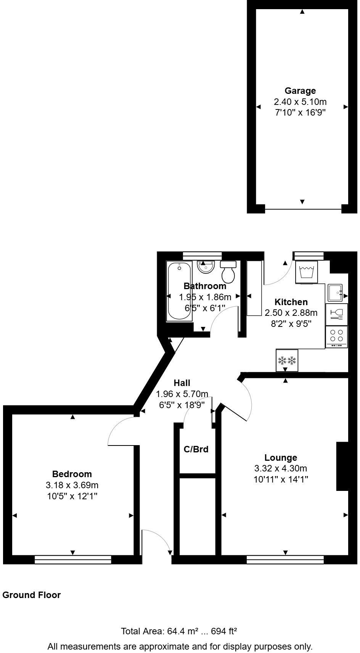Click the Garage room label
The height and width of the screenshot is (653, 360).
300,91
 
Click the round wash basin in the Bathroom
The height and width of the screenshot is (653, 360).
207,267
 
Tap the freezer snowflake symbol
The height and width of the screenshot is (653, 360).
287,360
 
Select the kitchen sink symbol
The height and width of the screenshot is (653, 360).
336,293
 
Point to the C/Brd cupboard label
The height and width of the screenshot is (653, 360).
196,449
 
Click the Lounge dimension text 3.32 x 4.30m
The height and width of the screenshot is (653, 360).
280,468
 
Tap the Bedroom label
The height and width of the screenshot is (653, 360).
72,474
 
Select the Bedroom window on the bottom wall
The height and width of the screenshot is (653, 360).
73,560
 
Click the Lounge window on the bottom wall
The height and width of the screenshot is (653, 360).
285,560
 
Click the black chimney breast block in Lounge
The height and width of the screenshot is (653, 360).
342,466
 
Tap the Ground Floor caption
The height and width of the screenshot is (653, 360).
31,595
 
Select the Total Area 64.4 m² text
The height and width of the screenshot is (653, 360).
179,631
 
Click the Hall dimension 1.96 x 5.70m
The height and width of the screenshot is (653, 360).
182,394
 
